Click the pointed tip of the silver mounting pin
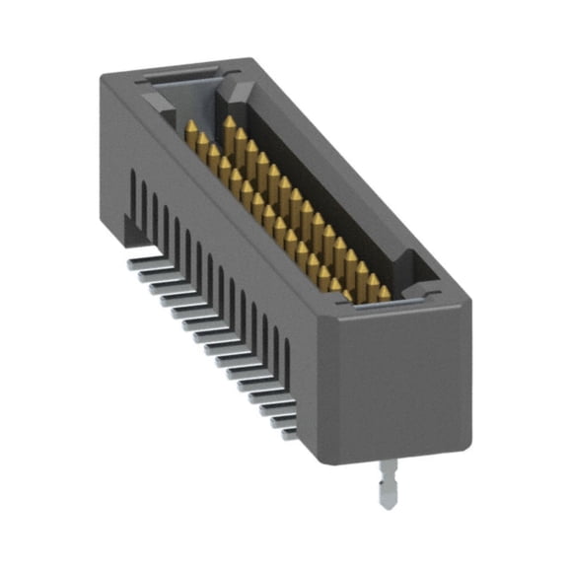click(x=386, y=505)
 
